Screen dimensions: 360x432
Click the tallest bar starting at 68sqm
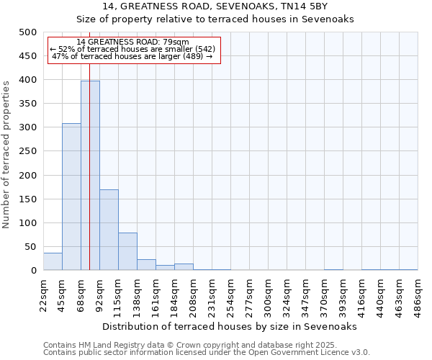point(90,176)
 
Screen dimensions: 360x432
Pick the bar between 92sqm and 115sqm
point(109,230)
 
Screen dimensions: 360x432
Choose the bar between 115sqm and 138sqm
point(127,251)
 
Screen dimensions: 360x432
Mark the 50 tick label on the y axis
point(30,247)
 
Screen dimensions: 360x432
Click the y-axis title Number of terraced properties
point(6,154)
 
